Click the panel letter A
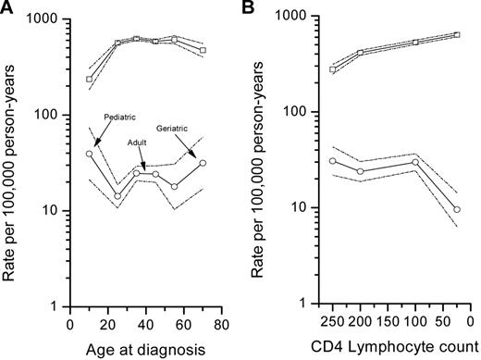click(x=8, y=9)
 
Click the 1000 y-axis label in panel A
click(x=44, y=19)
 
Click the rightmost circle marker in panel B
click(x=457, y=209)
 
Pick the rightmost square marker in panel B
click(x=457, y=35)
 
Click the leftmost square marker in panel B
click(x=333, y=69)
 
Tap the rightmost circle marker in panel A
click(x=203, y=163)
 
